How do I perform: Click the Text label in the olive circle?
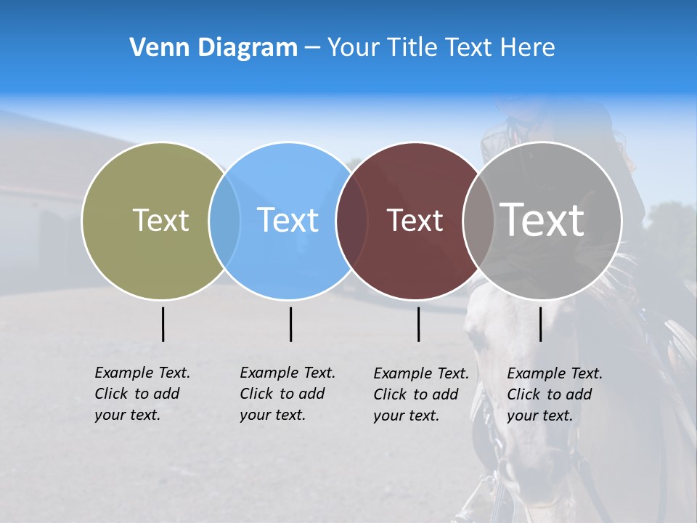point(160,220)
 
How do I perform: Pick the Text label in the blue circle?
point(288,220)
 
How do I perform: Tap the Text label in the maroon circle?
point(415,220)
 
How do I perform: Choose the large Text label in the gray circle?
point(542,219)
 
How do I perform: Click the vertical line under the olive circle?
point(163,324)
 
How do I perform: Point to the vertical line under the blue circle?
point(290,324)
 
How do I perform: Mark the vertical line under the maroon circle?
point(419,324)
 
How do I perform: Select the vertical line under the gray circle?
point(541,324)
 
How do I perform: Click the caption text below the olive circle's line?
point(142,394)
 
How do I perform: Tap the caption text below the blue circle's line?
point(287,394)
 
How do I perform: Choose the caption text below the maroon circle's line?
point(420,394)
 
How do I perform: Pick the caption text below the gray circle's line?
point(554,394)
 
